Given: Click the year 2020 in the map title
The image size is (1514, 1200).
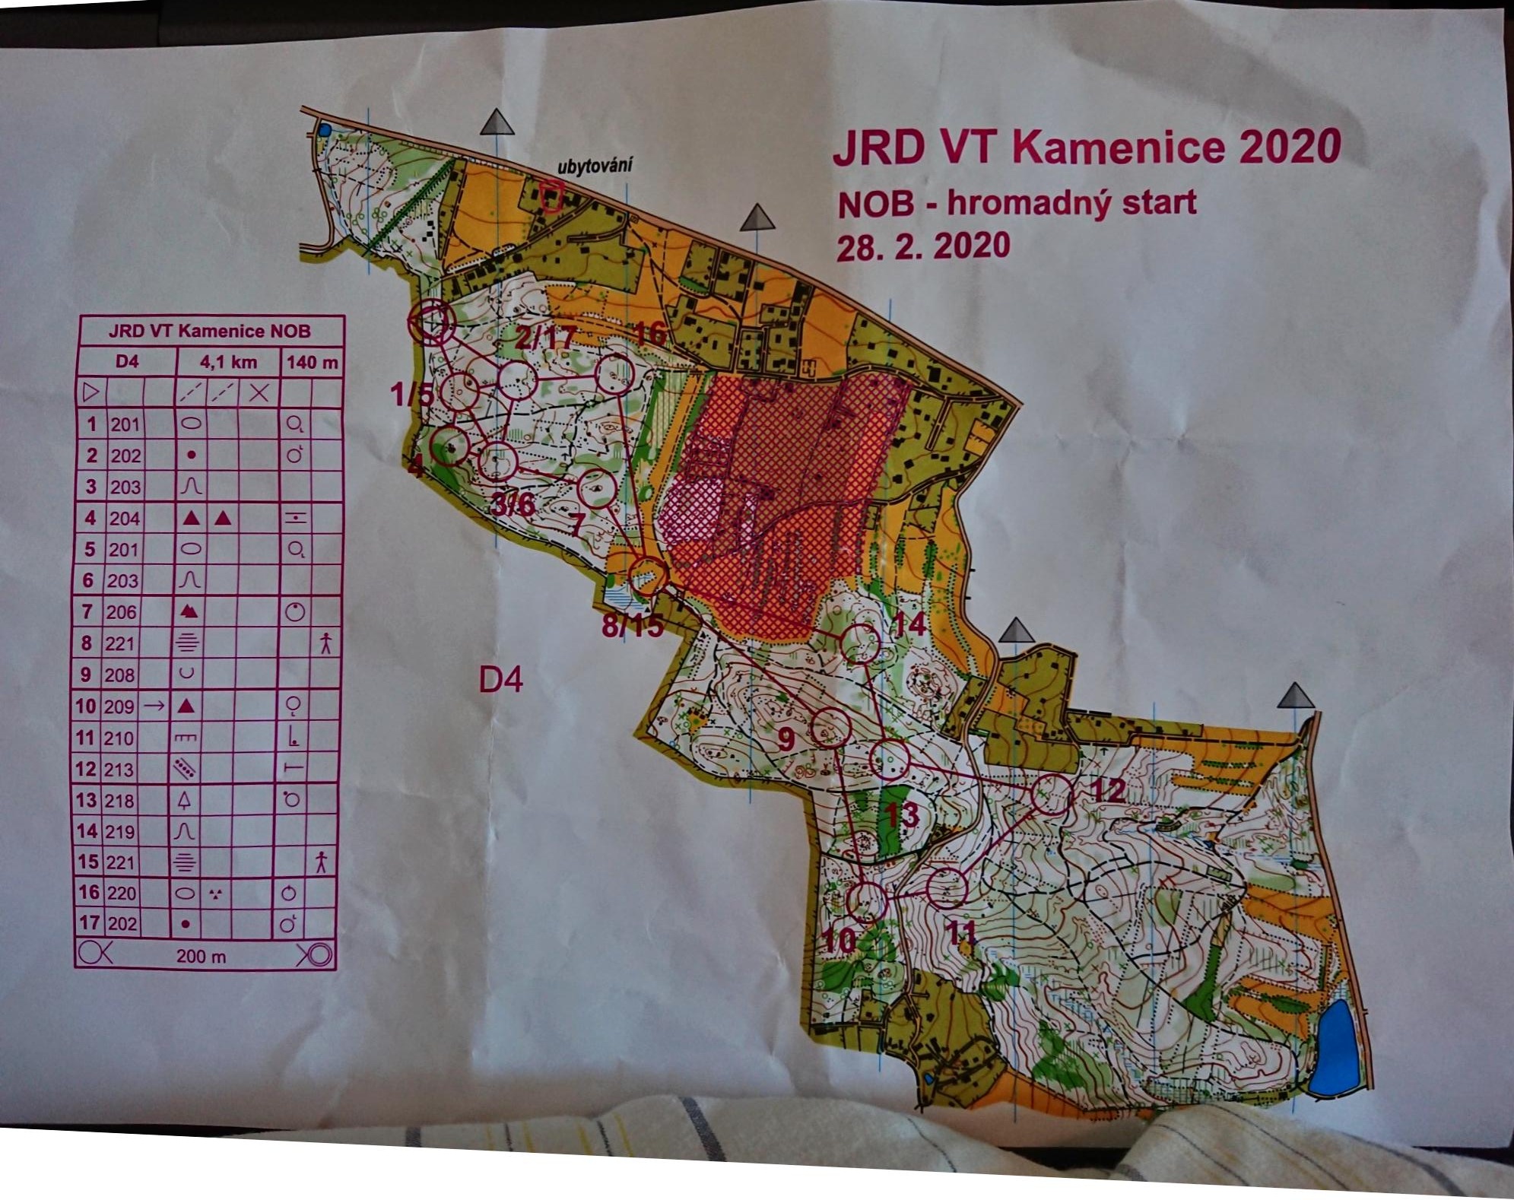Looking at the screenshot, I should coord(1289,146).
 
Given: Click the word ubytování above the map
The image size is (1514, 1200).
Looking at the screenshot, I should coord(595,165).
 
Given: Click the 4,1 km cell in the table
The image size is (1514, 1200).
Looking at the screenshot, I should coord(228,361).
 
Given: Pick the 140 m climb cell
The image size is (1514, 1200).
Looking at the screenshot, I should coord(312,362).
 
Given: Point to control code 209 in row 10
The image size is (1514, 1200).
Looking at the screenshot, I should coord(119,706).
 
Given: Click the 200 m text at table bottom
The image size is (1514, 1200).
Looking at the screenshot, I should coord(201,957).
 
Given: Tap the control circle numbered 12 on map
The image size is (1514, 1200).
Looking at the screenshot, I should coord(1052,795).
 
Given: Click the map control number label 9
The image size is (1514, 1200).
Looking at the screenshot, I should coord(786,738).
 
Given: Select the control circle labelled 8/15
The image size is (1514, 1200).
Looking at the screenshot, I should coord(648,576).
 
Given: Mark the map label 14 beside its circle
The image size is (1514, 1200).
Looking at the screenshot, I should coord(909,624).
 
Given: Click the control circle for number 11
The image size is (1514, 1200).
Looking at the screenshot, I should coord(947,887).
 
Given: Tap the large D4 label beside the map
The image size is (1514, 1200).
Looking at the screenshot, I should coord(500,679).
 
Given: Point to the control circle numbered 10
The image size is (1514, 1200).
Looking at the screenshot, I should coord(866,901).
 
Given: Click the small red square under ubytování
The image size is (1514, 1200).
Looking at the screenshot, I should coord(551,195).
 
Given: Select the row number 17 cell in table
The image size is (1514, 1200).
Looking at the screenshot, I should coord(89,923).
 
